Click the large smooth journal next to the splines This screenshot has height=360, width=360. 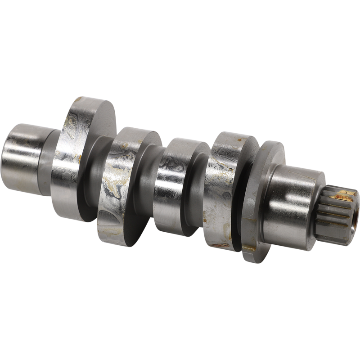tap(292, 198)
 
